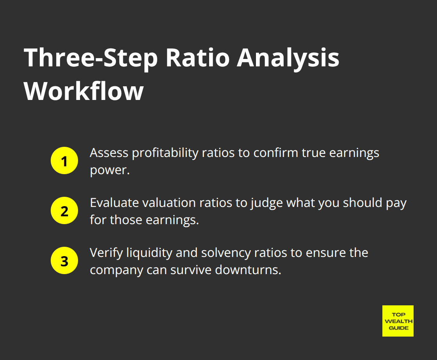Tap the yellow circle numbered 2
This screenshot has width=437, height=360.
point(64,211)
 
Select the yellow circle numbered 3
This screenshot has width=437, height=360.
point(64,261)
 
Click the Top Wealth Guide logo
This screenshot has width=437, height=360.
point(398,321)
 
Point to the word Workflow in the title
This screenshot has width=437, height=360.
point(84,92)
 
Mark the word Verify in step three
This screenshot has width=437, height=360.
point(103,253)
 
